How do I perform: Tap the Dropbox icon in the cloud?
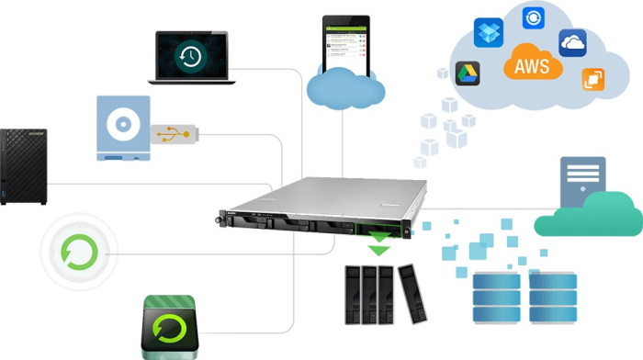click(x=487, y=33)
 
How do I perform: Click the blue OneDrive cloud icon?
click(x=572, y=42)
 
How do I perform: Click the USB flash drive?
click(x=175, y=135)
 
